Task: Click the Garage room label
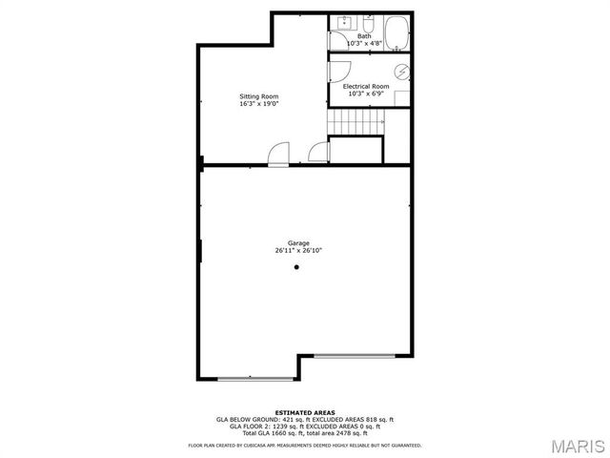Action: (x=298, y=243)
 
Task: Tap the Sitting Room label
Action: (x=258, y=96)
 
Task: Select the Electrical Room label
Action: (x=366, y=87)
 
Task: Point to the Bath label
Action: (x=365, y=36)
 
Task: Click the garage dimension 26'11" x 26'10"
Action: (x=298, y=251)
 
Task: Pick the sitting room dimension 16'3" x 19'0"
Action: (x=258, y=104)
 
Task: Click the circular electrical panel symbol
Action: (x=402, y=72)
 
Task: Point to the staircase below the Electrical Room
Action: (x=356, y=122)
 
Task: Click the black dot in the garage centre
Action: (x=296, y=268)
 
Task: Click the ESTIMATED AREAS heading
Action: (x=298, y=412)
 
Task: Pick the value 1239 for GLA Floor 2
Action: (x=267, y=427)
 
